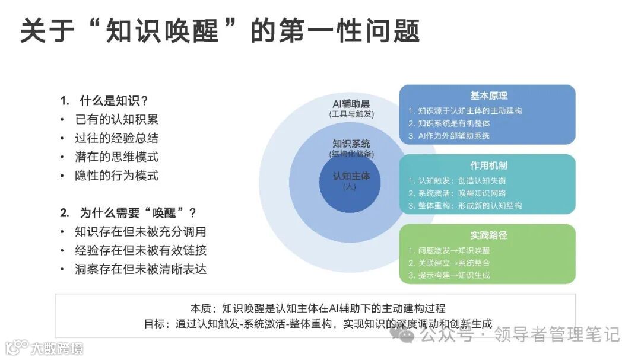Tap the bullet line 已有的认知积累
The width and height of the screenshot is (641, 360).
click(x=116, y=119)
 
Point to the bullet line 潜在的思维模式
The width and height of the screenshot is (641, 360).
click(x=116, y=157)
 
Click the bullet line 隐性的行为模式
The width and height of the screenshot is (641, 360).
click(x=116, y=176)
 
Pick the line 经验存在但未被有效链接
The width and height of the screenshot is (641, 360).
click(x=141, y=250)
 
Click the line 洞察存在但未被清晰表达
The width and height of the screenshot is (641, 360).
click(x=141, y=269)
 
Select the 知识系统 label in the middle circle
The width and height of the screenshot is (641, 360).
click(x=351, y=144)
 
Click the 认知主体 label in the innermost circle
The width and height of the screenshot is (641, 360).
click(x=351, y=176)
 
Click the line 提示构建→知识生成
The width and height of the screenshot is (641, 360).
click(x=454, y=275)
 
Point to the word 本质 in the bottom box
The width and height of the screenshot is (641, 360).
click(x=200, y=308)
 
